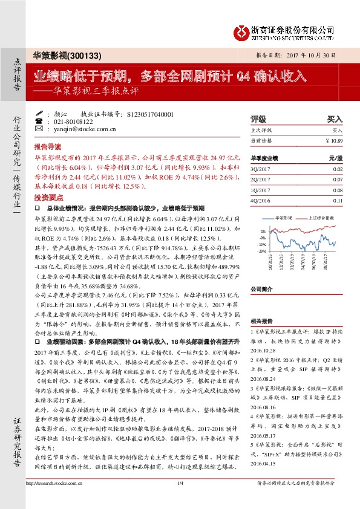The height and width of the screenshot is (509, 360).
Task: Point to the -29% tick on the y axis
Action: [x=262, y=250]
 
